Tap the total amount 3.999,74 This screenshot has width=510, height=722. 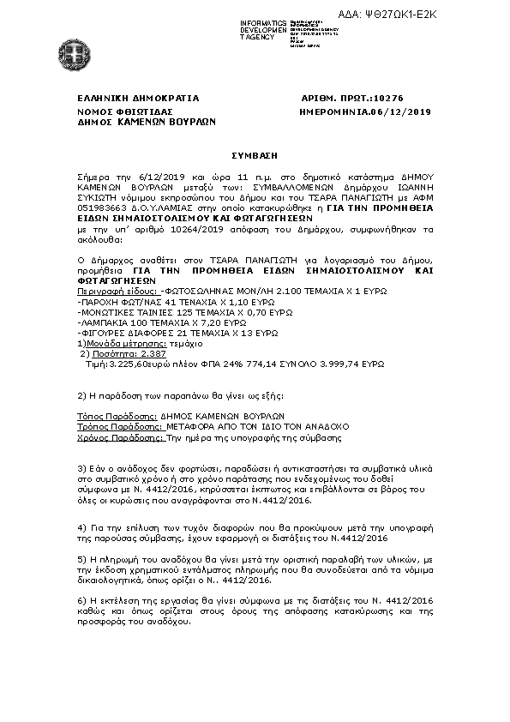(x=307, y=364)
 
